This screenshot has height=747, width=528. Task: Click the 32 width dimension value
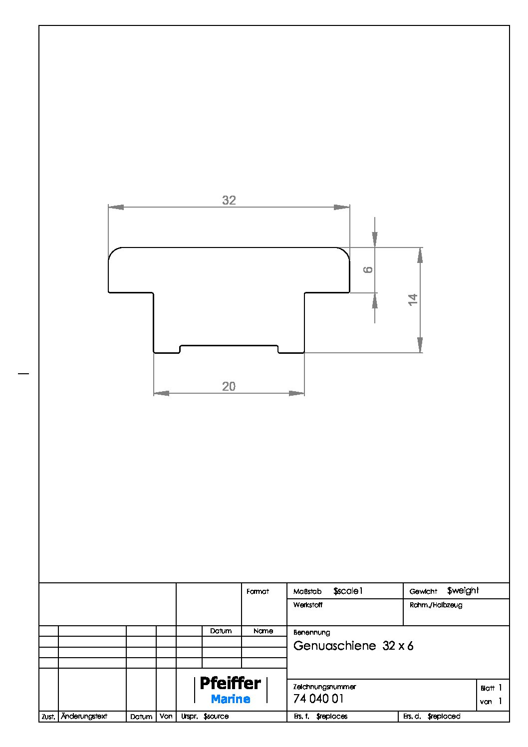(229, 200)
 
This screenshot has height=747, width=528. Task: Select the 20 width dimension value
(229, 386)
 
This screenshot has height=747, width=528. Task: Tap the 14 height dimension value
(413, 299)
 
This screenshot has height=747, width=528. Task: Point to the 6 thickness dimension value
(368, 269)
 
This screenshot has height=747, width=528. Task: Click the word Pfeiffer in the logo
(230, 683)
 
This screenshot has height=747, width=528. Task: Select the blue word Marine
(231, 699)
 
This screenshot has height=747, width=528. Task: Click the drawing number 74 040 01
(318, 699)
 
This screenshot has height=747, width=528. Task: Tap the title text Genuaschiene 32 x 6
(353, 646)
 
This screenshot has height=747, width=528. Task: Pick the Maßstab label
(307, 592)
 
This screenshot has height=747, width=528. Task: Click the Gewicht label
(423, 592)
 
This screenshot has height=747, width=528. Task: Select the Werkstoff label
(308, 605)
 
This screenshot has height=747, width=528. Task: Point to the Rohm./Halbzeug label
(436, 605)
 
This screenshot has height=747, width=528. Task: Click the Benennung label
(312, 633)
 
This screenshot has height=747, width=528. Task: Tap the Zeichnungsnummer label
(324, 687)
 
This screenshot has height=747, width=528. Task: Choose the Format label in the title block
(258, 592)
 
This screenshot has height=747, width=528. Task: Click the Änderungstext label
(84, 716)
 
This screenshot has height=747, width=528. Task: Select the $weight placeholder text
(463, 591)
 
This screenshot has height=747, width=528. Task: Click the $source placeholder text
(216, 717)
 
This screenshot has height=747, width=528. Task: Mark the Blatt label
(487, 688)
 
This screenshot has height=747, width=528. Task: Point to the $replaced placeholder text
(444, 717)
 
